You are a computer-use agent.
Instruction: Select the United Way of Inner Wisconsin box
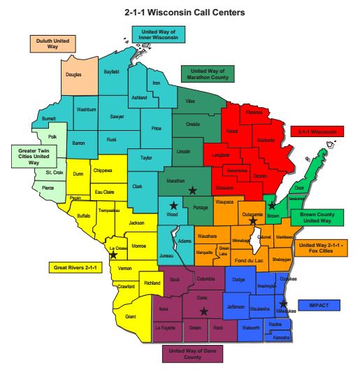click(159, 34)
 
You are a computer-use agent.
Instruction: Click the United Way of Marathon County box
click(208, 73)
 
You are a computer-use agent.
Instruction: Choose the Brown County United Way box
click(318, 217)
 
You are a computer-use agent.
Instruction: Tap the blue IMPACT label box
click(319, 305)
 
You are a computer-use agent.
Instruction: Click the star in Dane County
click(203, 311)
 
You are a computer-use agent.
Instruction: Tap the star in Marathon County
click(192, 190)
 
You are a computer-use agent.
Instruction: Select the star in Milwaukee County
click(283, 304)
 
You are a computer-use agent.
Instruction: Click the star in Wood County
click(173, 206)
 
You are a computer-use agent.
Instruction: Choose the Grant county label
click(130, 316)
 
